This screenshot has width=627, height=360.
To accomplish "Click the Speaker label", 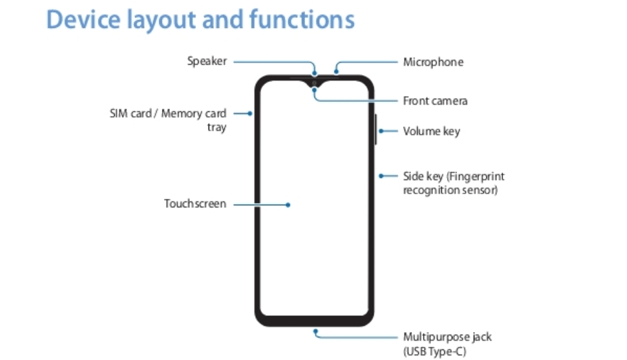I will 207,61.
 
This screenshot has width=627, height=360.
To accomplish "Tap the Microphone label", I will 433,62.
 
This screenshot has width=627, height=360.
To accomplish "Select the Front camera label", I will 435,101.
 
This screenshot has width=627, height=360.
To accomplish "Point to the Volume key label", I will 431,131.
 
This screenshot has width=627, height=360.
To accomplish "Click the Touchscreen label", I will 195,203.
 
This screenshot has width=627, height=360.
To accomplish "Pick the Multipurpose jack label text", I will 447,337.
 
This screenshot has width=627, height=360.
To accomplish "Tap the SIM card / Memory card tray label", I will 168,120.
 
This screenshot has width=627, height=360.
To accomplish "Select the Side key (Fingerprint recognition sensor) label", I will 454,183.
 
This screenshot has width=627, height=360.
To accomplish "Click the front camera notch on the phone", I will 314,84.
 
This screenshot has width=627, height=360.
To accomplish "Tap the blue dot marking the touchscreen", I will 288,205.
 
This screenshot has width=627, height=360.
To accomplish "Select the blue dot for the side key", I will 380,176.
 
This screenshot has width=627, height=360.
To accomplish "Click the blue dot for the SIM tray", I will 250,113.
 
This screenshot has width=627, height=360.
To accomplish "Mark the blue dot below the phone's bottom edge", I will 314,329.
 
